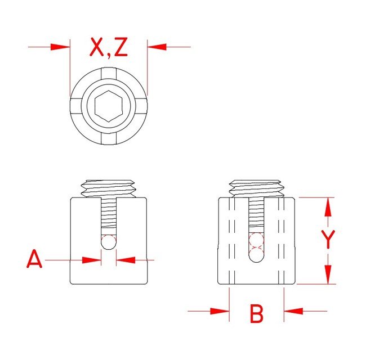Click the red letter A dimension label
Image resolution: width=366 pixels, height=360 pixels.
pyautogui.click(x=34, y=259)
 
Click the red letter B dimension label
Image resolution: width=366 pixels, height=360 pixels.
pyautogui.click(x=257, y=314)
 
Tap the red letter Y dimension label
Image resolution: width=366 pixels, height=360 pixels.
pyautogui.click(x=328, y=239)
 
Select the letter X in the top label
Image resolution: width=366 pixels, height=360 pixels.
pyautogui.click(x=97, y=47)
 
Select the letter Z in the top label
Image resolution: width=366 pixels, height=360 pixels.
pyautogui.click(x=121, y=47)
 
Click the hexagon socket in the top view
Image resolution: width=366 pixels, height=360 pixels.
pyautogui.click(x=109, y=106)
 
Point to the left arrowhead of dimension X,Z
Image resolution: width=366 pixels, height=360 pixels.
pyautogui.click(x=60, y=47)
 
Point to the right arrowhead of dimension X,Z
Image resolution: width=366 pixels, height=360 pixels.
pyautogui.click(x=157, y=47)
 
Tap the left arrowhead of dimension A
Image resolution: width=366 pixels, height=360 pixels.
pyautogui.click(x=92, y=260)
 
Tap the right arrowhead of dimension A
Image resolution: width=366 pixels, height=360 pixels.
pyautogui.click(x=126, y=260)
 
